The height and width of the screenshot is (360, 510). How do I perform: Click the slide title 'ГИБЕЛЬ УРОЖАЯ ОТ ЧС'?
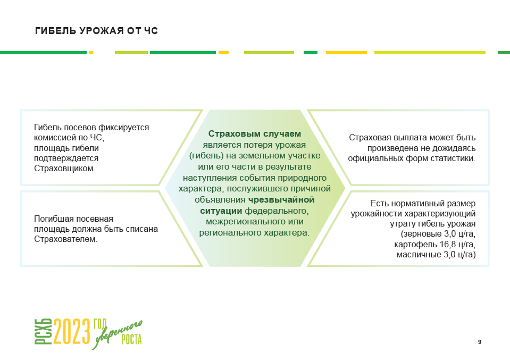click(x=96, y=31)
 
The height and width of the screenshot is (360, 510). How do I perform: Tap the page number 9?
click(x=480, y=342)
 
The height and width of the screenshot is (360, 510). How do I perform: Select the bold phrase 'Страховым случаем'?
click(x=255, y=133)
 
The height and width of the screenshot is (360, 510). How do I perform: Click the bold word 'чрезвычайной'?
click(x=281, y=200)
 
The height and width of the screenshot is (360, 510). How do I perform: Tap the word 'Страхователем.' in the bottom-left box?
click(x=65, y=239)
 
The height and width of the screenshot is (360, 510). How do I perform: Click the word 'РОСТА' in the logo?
click(x=131, y=340)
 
